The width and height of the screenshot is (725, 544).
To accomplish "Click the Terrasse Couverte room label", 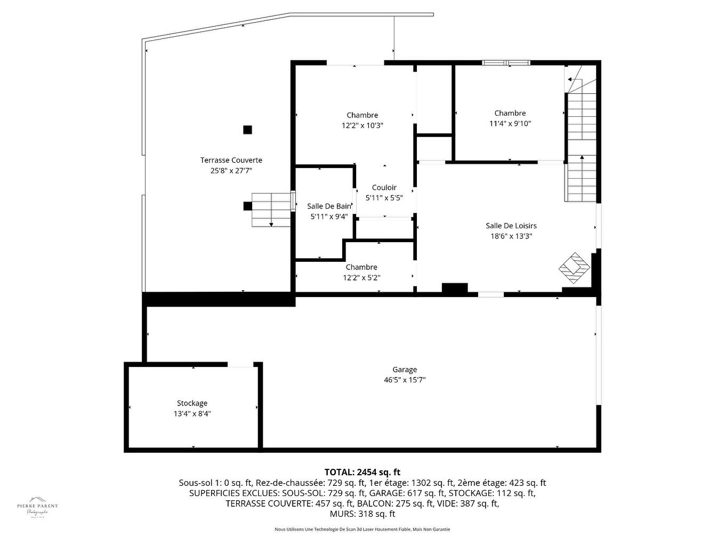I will pos(231,160).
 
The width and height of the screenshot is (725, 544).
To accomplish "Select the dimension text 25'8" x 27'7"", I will pos(231,171).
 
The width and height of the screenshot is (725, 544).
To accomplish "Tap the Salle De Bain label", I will pos(329,206).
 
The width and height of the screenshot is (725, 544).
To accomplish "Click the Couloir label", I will pos(384,188).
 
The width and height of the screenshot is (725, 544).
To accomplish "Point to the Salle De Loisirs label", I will pos(511,226).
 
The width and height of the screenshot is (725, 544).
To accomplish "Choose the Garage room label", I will pos(405,370).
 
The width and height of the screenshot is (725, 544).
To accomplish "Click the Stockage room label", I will pos(192,403).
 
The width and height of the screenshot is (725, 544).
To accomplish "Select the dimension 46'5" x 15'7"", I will pos(405,380).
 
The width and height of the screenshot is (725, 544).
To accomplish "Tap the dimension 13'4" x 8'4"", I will pos(192,414).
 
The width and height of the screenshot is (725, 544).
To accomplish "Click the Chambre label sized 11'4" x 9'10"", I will pos(510,113).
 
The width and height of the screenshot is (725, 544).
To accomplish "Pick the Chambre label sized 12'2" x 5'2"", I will pos(361,267).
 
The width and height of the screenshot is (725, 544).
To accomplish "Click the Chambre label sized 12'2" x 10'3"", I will pos(362,115).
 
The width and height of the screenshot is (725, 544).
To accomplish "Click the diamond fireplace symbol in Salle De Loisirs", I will pos(574,267).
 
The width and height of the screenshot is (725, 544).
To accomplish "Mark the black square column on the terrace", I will pos(247,130).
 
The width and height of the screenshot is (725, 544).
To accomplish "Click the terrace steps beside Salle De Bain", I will pos(271,210).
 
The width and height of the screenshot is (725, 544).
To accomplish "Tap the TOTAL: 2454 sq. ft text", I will pos(362,472).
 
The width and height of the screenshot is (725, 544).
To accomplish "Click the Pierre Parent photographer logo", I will pos(37,508).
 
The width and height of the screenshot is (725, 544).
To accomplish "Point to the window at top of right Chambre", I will pos(506,63).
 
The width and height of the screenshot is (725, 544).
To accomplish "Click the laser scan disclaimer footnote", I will pos(362,530).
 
